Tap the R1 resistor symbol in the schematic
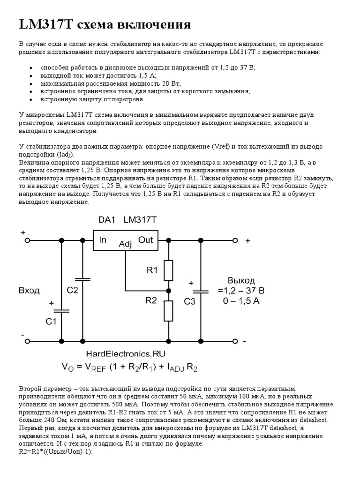tap(168, 270)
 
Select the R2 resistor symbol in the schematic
tap(168, 310)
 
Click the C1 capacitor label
tap(51, 322)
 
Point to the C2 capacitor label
tap(72, 290)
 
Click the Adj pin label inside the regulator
tap(126, 244)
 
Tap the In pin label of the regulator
tap(102, 240)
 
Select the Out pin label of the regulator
tap(146, 240)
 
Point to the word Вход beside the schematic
tap(29, 290)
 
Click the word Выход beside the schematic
tap(241, 280)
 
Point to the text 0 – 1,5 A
tap(241, 301)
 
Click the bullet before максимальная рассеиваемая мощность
tap(30, 83)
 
